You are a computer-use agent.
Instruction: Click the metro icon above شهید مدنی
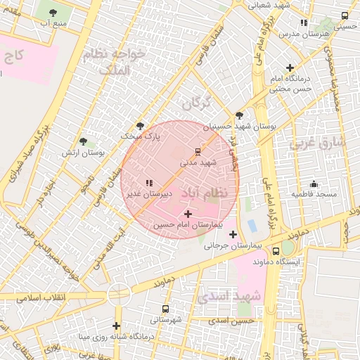point(197,151)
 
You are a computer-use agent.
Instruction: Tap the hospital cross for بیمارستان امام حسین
point(188,213)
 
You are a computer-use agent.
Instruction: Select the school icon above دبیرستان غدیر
point(149,183)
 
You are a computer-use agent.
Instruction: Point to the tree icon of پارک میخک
point(141,127)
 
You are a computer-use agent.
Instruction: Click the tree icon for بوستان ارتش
point(83,141)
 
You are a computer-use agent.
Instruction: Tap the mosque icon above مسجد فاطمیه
point(313,184)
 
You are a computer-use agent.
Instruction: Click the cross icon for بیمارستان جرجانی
point(233,234)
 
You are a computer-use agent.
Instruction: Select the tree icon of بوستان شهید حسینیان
point(239,115)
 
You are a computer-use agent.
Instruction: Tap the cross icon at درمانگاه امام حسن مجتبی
point(289,67)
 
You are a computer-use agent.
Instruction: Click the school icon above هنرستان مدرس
point(304,22)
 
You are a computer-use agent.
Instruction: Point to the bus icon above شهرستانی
point(165,309)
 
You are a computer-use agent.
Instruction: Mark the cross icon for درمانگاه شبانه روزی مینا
point(117,326)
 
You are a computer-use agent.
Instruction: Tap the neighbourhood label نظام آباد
point(205,193)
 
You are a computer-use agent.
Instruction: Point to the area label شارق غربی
point(317,143)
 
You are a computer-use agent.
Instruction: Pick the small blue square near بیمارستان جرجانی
point(252,226)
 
